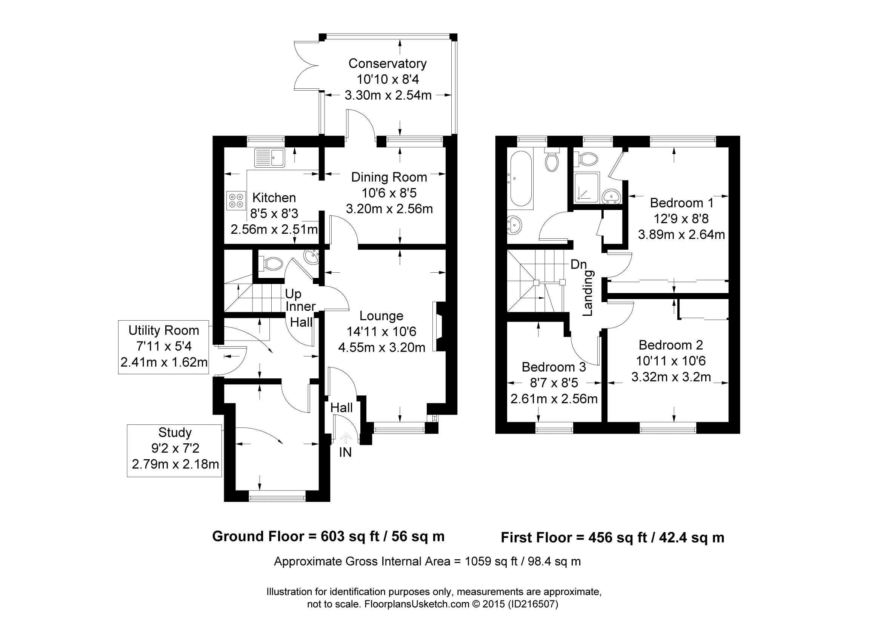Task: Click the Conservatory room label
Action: point(388,63)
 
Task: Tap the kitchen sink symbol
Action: point(269,157)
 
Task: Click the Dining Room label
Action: point(389,177)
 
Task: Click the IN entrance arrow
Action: point(346,438)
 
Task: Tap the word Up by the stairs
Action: point(293,295)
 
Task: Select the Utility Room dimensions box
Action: point(164,347)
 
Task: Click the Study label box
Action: point(174,451)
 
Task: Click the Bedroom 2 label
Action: point(671,345)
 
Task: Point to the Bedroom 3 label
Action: point(554,367)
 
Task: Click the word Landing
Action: point(588,293)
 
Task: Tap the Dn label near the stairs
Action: point(578,265)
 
